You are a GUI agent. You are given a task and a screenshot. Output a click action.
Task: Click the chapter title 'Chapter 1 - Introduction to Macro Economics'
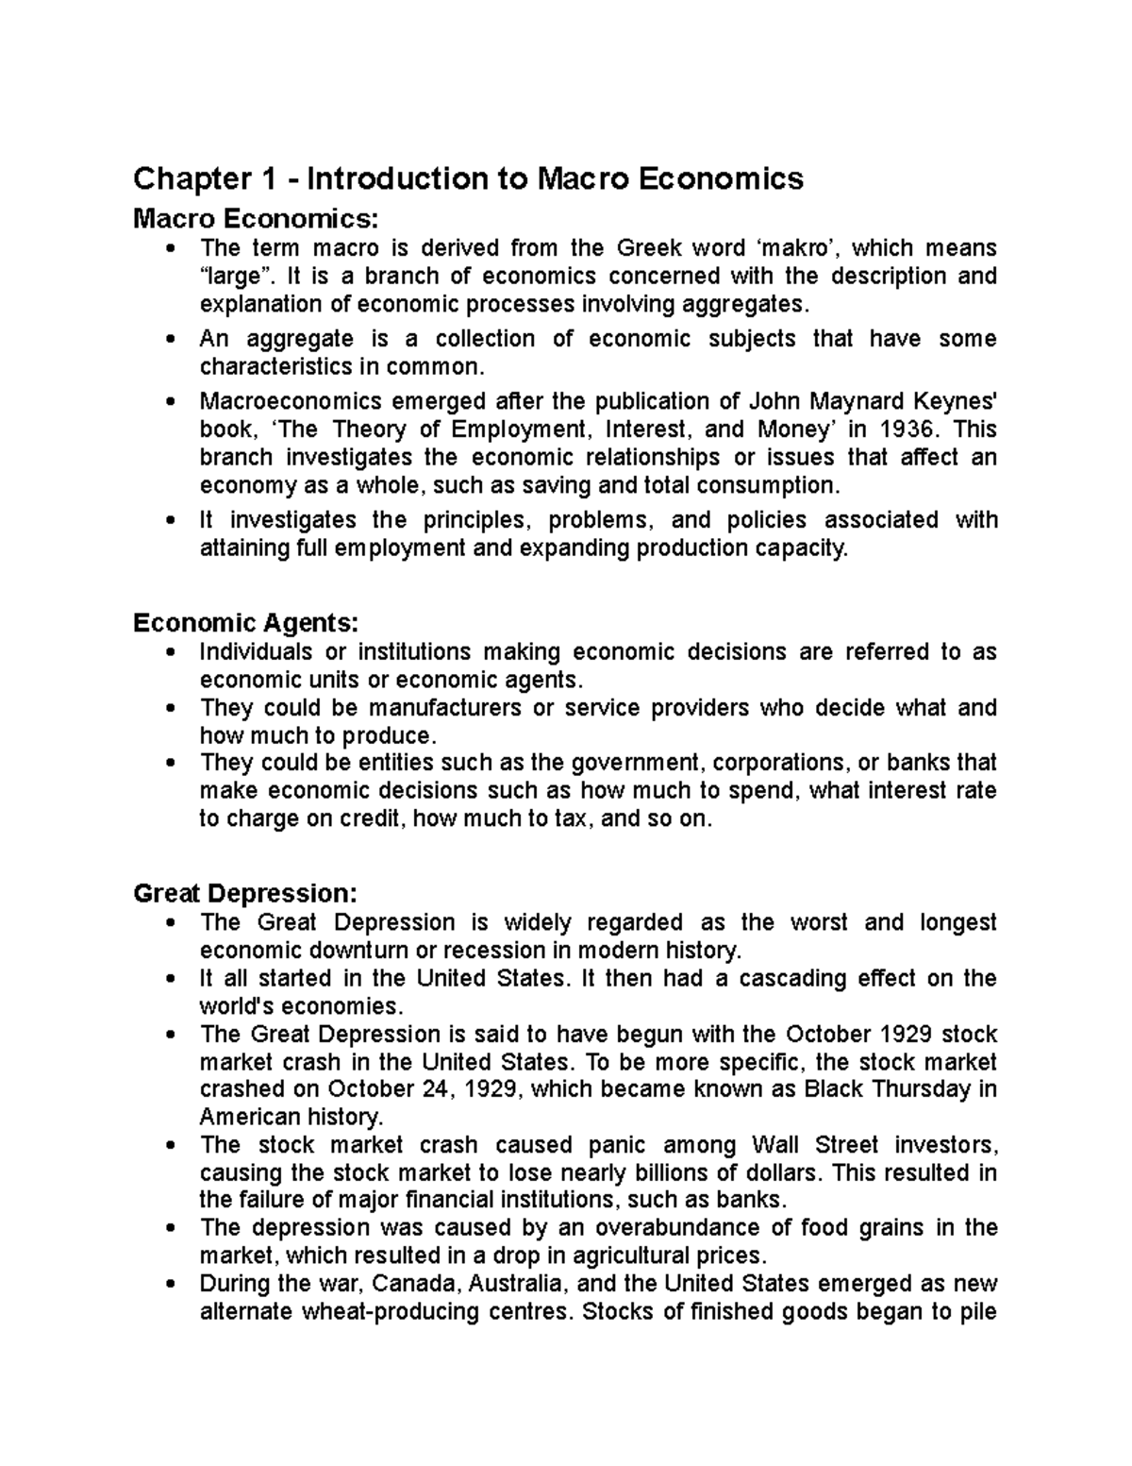point(468,178)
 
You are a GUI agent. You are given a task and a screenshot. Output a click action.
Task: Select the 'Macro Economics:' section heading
point(256,219)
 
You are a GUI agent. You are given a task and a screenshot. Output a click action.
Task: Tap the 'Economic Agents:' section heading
point(246,623)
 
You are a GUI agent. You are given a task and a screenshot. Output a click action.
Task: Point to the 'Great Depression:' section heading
point(245,893)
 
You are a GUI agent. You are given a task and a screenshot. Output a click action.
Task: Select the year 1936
point(908,430)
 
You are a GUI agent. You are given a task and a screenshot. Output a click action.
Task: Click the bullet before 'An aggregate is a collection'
point(170,340)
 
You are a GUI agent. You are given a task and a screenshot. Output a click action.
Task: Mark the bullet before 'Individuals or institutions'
point(170,653)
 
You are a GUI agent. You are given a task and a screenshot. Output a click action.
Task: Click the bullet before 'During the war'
point(170,1285)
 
